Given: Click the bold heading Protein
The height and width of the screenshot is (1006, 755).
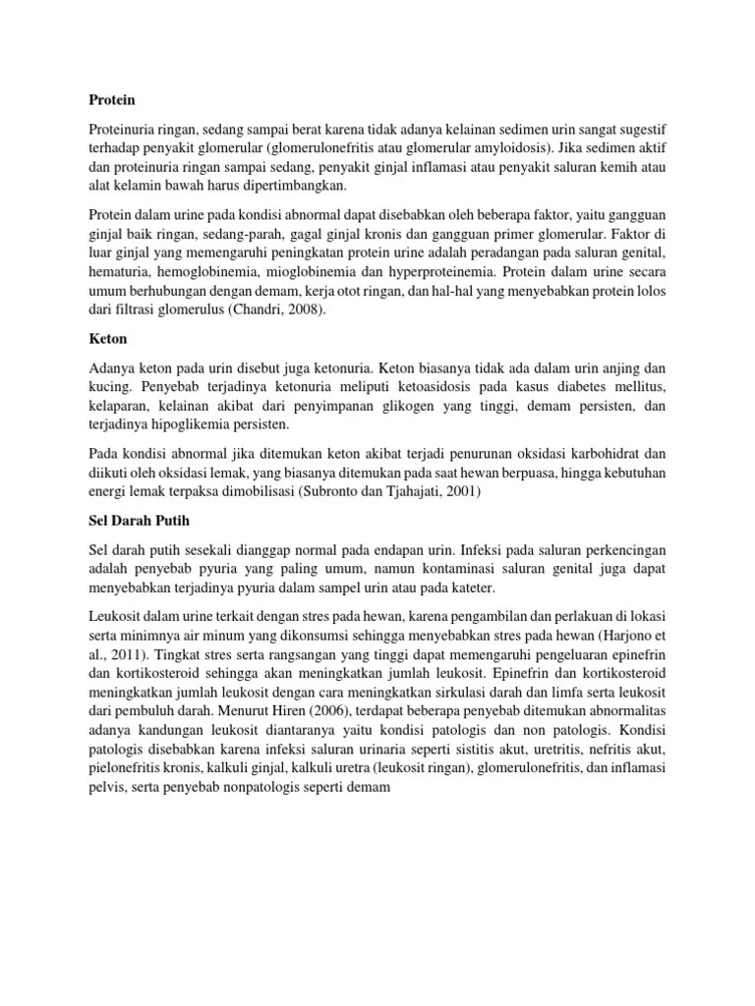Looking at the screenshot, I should click(111, 100).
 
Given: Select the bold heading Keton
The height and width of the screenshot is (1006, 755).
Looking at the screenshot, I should click(109, 337).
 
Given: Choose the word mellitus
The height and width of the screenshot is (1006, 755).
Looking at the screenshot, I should click(640, 384).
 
